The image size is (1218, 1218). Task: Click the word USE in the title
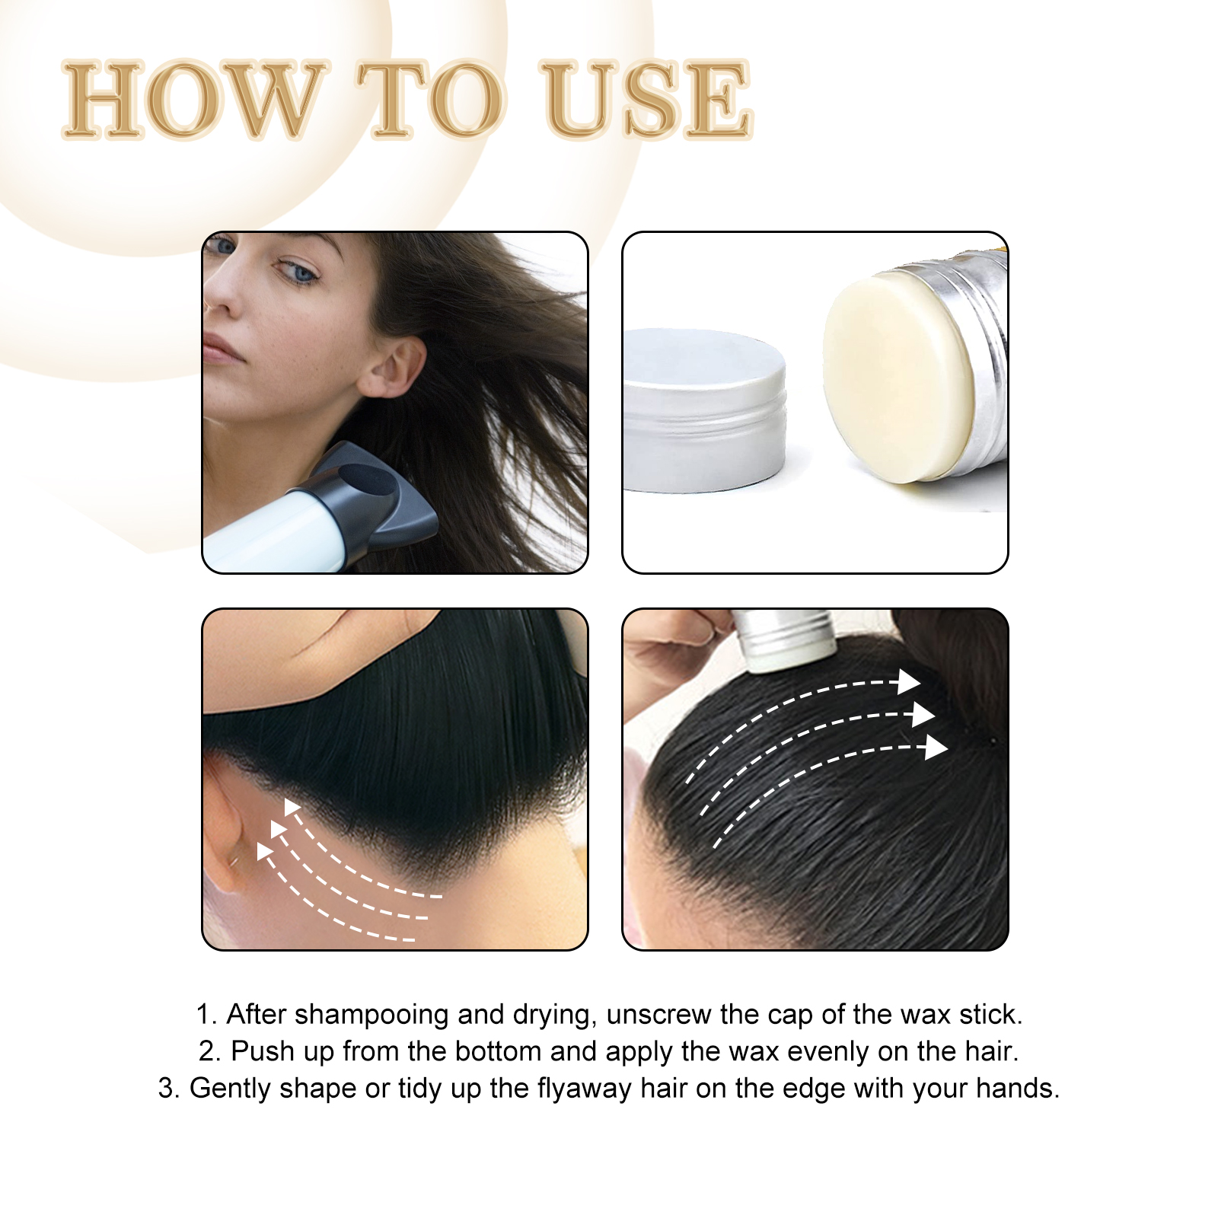click(647, 100)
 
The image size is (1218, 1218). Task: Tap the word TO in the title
click(430, 100)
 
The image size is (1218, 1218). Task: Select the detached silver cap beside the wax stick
click(704, 411)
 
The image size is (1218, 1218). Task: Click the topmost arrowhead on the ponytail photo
click(908, 681)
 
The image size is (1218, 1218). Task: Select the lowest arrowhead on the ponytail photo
click(936, 748)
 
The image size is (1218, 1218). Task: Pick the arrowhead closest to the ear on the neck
click(265, 851)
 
